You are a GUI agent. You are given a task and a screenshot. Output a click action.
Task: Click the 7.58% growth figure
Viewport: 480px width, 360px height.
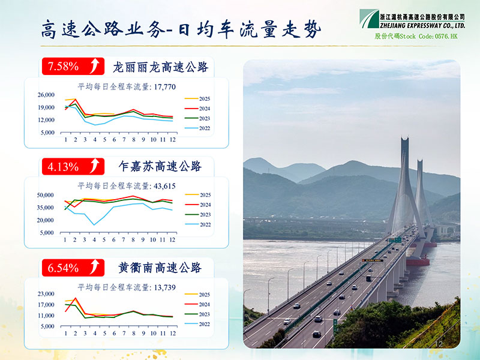tap(63, 66)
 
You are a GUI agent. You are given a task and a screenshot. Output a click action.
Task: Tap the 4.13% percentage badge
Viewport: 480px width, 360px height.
tap(73, 167)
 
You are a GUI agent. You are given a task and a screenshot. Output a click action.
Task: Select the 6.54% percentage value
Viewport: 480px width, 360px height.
tap(63, 268)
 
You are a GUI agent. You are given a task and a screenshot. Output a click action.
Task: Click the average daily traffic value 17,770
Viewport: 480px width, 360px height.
tap(164, 87)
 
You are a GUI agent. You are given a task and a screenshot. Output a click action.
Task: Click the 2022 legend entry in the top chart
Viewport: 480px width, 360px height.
tap(197, 128)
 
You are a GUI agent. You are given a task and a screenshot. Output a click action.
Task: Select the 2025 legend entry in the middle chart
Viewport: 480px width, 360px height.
tap(198, 194)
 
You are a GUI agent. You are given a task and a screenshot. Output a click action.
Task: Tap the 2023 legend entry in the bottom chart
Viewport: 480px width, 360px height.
tap(197, 314)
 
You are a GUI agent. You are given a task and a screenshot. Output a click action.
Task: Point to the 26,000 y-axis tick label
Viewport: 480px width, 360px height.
tap(46, 95)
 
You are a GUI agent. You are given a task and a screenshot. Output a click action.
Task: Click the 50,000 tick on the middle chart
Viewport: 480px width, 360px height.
tap(46, 195)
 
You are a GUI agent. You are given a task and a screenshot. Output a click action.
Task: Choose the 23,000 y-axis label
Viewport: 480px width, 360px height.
tap(46, 294)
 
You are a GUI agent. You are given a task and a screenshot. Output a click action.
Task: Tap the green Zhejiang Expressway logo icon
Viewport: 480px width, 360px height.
tap(369, 19)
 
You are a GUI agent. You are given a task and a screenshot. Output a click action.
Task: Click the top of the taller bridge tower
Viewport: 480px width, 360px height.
tap(404, 138)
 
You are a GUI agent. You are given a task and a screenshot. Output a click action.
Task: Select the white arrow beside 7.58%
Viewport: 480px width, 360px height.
tap(95, 66)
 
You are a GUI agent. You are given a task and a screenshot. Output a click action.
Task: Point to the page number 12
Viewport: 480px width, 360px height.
tap(439, 344)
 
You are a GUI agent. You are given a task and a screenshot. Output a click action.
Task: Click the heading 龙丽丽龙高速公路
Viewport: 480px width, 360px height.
tap(160, 67)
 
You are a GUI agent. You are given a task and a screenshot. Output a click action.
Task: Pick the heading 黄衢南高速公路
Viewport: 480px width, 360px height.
tap(160, 268)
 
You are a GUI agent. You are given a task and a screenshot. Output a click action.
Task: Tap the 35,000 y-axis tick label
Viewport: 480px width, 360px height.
tap(46, 208)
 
